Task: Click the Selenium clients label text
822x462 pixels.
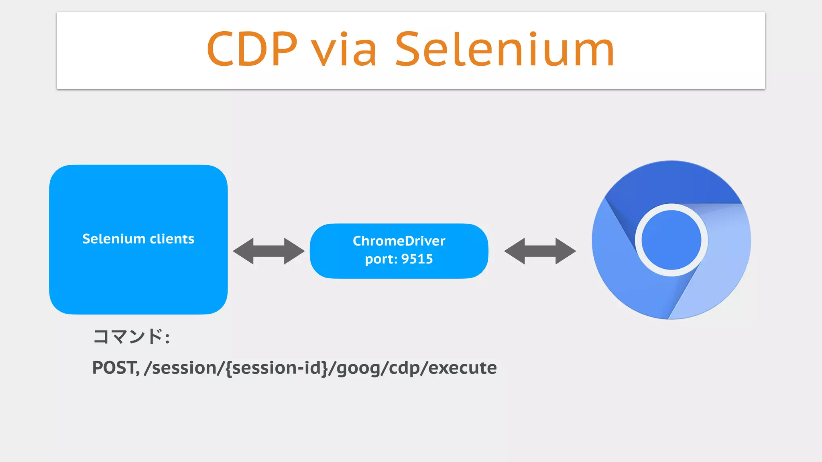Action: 138,239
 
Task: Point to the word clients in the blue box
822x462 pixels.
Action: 172,239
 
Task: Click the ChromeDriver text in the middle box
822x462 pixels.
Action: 399,241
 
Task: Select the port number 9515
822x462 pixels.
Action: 417,259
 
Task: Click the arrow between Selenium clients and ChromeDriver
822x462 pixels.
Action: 269,251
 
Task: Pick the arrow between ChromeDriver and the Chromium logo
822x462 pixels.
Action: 540,251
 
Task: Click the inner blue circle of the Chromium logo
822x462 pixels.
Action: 671,240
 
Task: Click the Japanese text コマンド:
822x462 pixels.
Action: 131,337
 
